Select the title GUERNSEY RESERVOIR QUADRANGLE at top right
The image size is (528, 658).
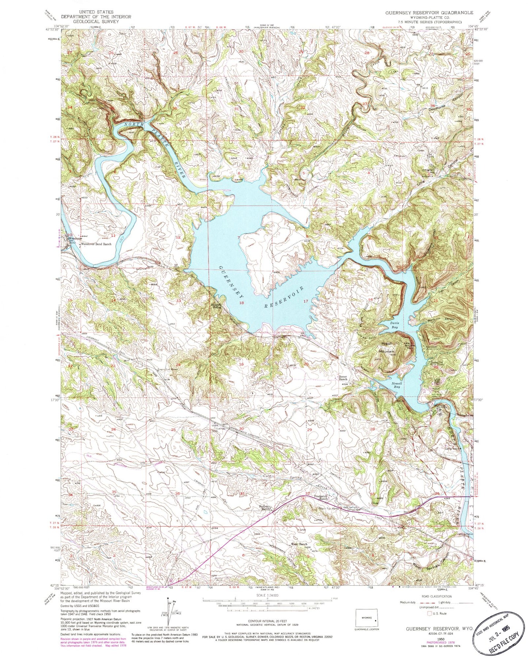424,13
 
